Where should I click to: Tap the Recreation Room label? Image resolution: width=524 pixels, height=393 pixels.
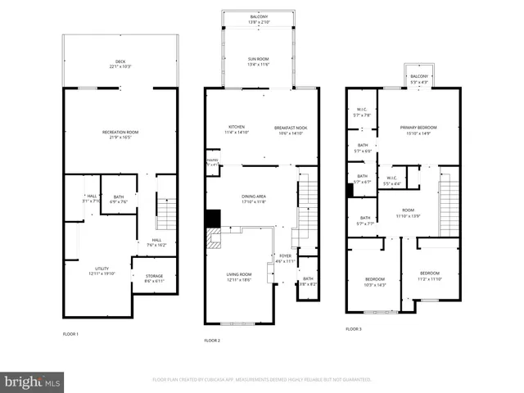tap(120, 133)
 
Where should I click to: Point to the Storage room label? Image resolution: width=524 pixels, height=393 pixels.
tap(154, 278)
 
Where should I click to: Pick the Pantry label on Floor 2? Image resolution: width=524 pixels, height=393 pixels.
tap(212, 162)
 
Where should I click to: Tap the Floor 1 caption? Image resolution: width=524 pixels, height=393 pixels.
tap(70, 334)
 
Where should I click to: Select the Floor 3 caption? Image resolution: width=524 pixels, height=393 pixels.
tap(353, 328)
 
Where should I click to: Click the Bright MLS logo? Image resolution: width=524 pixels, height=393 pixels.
tap(32, 382)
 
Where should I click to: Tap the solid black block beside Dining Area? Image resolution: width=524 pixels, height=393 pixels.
tap(213, 219)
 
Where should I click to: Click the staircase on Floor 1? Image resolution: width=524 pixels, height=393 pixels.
tap(166, 214)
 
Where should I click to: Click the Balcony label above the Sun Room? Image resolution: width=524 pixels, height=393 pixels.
tap(259, 19)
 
